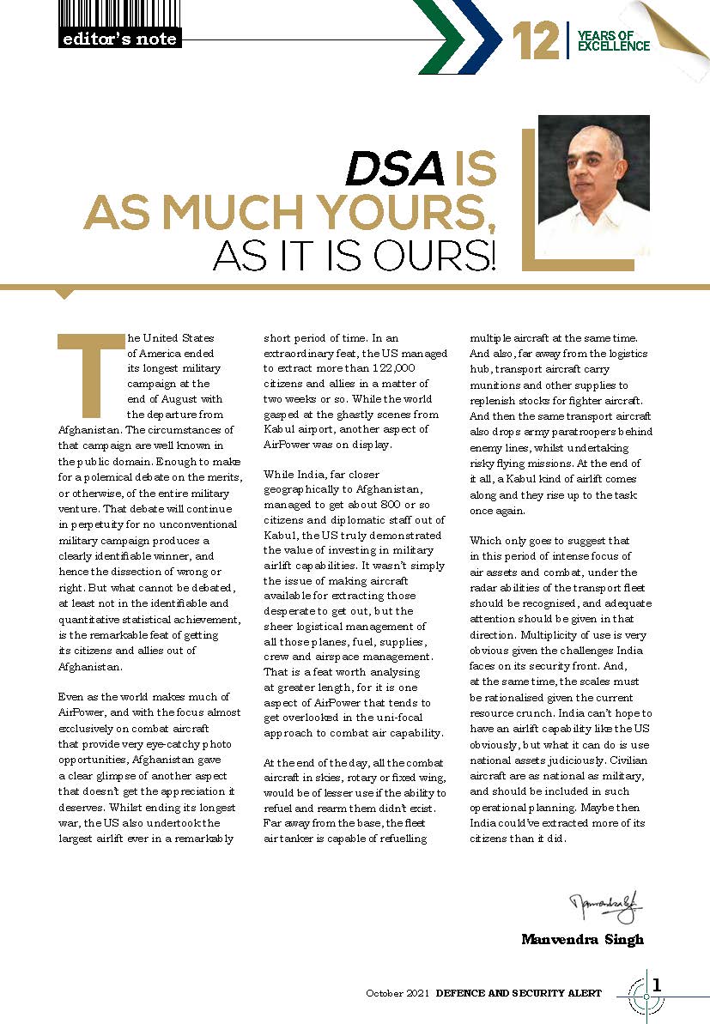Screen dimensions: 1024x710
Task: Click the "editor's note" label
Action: (118, 39)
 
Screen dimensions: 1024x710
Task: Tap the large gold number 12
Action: (535, 41)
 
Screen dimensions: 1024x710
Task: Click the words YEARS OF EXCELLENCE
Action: (613, 40)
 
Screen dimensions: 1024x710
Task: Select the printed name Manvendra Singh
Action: (582, 939)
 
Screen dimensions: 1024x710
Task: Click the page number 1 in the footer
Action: (658, 985)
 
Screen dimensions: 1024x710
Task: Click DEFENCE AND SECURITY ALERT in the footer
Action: (519, 993)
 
